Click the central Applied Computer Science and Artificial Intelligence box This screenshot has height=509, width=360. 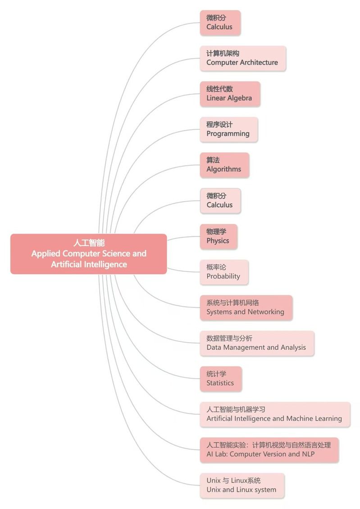coord(89,254)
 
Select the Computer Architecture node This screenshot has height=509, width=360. coord(243,59)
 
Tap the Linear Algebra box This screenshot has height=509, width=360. coord(230,94)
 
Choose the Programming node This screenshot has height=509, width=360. coord(228,129)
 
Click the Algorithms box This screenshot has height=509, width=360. coord(224,165)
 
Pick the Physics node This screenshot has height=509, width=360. coord(219,237)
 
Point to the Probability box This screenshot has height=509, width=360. coord(224,272)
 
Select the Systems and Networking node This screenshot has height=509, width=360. coord(246,308)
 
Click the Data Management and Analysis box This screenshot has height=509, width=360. coord(257,344)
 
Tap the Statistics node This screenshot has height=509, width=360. coord(221,379)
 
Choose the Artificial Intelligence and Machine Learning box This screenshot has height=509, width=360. coord(275,414)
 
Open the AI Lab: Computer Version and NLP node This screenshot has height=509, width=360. coord(269,450)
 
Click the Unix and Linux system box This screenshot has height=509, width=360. coord(242,486)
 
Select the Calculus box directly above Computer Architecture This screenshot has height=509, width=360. coord(220,23)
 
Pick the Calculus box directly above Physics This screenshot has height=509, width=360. coord(220,201)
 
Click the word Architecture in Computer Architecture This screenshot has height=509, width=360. coord(259,62)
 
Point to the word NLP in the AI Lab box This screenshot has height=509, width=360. coord(308,454)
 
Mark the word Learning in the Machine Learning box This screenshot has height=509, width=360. coord(328,419)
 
